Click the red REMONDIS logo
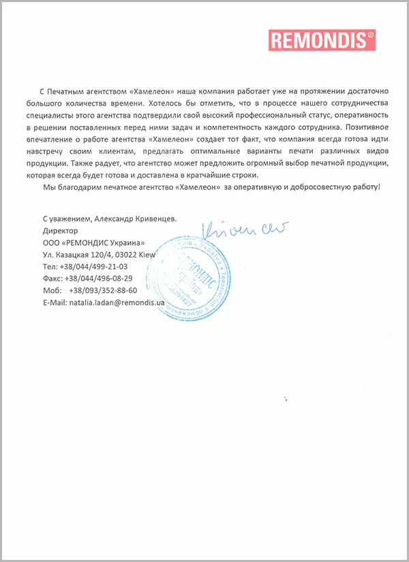click(322, 40)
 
